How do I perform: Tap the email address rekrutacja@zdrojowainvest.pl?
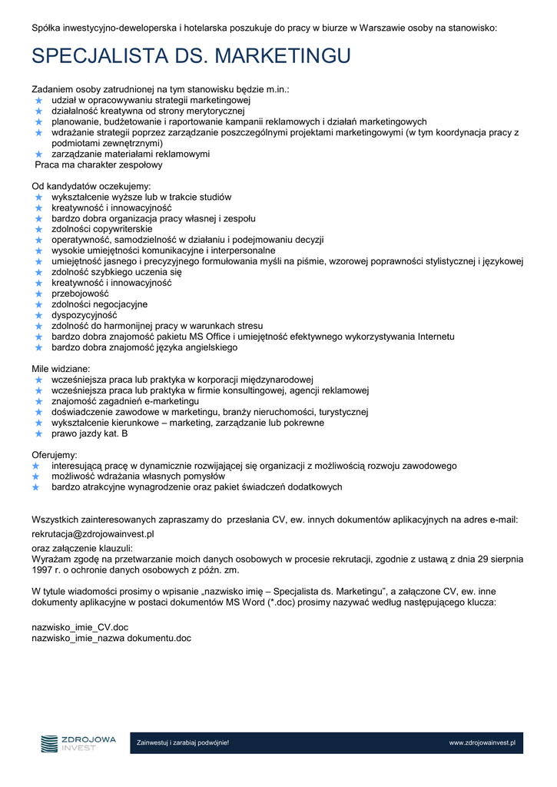pos(93,533)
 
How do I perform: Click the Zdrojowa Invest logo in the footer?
pos(78,743)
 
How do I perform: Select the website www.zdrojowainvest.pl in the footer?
pos(482,743)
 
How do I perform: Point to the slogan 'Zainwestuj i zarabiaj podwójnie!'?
pos(183,743)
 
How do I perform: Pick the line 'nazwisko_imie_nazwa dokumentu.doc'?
pos(111,638)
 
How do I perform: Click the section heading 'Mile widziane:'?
pos(61,369)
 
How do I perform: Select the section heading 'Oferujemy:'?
pos(54,455)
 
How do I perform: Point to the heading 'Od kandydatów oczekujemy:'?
pos(91,186)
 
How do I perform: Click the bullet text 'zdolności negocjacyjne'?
pos(100,304)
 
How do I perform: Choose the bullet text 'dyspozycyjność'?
pos(85,315)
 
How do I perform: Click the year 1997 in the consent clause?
pos(42,570)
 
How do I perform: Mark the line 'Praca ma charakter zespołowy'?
pos(99,164)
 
